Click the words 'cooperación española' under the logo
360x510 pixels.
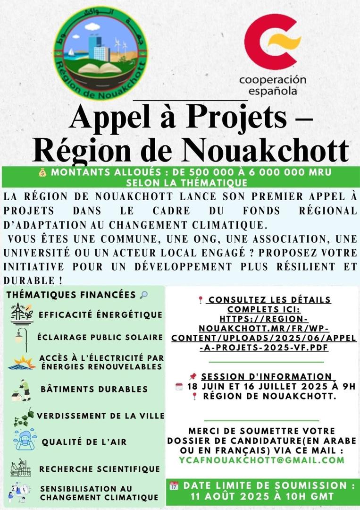[x=273, y=85]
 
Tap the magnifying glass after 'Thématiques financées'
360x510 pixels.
[x=144, y=295]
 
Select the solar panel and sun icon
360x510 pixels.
[x=22, y=362]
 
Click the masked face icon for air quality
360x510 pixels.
[x=24, y=440]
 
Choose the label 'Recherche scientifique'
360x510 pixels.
[x=100, y=469]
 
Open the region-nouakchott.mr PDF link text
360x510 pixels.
[x=264, y=329]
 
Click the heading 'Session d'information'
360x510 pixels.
[x=266, y=376]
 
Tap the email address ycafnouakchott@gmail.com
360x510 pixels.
[x=262, y=459]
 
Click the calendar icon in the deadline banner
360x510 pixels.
[x=174, y=485]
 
